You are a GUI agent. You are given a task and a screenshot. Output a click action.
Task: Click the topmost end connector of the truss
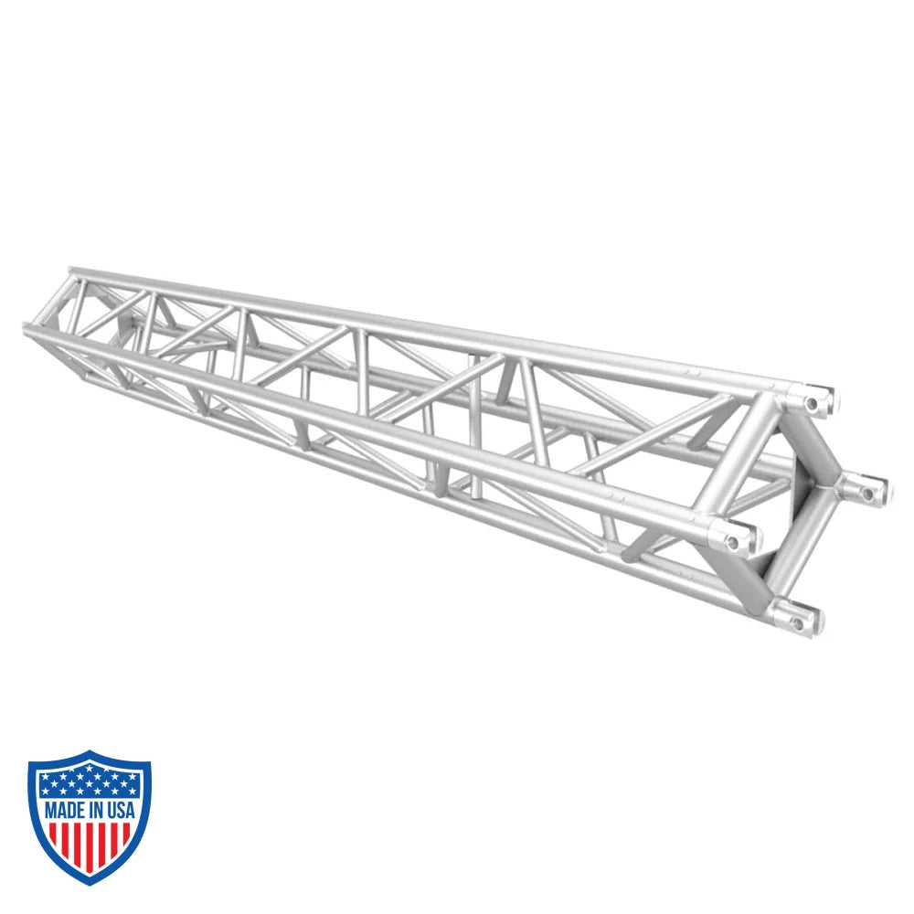(816, 399)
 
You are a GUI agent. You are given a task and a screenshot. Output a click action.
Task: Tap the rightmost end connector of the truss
(868, 490)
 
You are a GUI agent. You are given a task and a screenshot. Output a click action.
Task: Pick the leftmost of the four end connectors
(737, 538)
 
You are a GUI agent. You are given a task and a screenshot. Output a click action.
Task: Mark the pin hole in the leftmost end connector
(733, 542)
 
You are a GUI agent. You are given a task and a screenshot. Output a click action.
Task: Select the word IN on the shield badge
(95, 810)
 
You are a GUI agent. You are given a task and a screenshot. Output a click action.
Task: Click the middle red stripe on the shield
(90, 845)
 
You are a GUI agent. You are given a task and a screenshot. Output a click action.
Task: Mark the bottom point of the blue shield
(90, 882)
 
